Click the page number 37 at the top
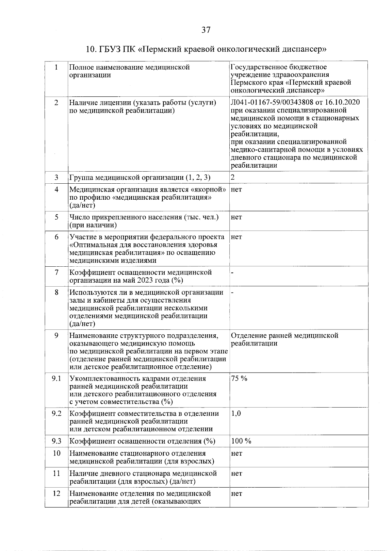(206, 30)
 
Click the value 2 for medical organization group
(233, 177)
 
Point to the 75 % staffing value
(239, 378)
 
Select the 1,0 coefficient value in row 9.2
(236, 413)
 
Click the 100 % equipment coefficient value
(241, 441)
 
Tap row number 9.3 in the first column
(57, 441)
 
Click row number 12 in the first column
(57, 493)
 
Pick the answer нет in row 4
(236, 190)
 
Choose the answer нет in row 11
(236, 473)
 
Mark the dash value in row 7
(232, 272)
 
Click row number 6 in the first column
(57, 237)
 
